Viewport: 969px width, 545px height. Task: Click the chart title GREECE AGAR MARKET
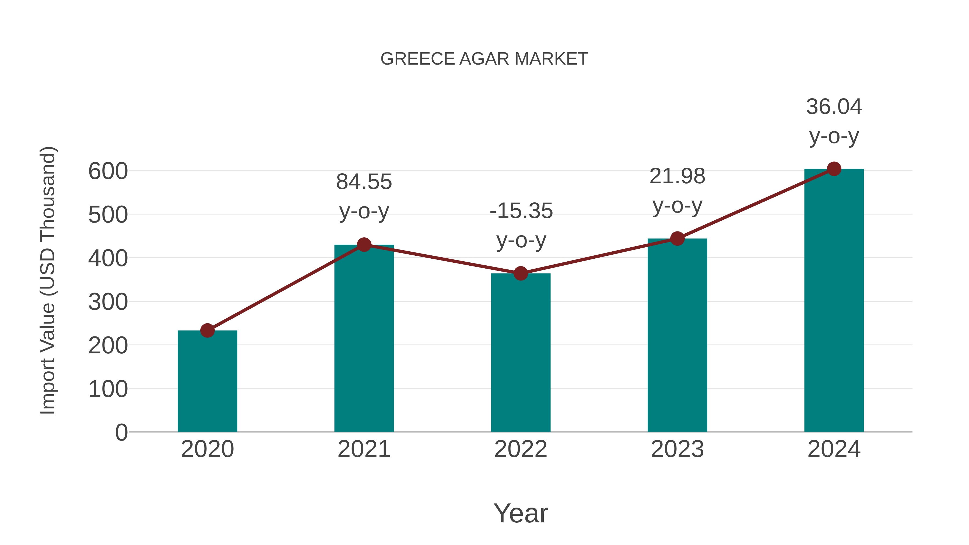pos(484,59)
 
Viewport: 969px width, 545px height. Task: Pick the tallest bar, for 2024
pos(834,301)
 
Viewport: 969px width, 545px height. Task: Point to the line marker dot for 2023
pos(677,238)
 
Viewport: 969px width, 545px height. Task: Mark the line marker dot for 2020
pos(207,330)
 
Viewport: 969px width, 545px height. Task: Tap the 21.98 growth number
pos(677,176)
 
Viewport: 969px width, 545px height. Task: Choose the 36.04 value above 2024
pos(834,107)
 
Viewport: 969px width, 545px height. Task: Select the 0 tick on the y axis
pos(121,432)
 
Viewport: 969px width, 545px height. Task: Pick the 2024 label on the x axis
pos(834,449)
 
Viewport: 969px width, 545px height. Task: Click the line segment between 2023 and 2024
pos(755,204)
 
